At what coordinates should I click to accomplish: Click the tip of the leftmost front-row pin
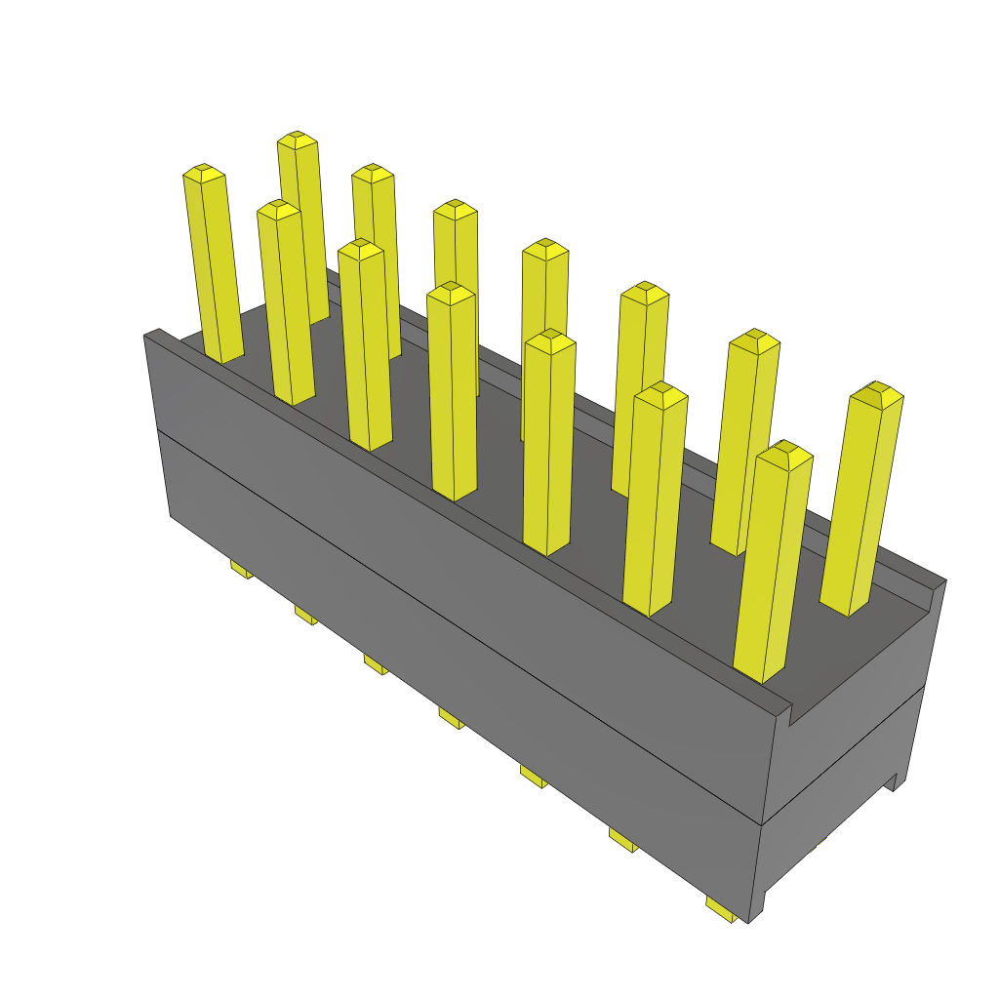pos(203,173)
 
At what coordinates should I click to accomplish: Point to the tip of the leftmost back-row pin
pos(298,140)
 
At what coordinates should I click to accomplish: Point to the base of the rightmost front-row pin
pos(761,675)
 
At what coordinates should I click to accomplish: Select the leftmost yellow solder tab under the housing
pos(241,569)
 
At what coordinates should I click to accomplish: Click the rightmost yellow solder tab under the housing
pos(721,911)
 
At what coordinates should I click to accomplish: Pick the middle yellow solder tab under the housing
pos(450,718)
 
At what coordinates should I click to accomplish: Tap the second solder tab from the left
pos(305,615)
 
